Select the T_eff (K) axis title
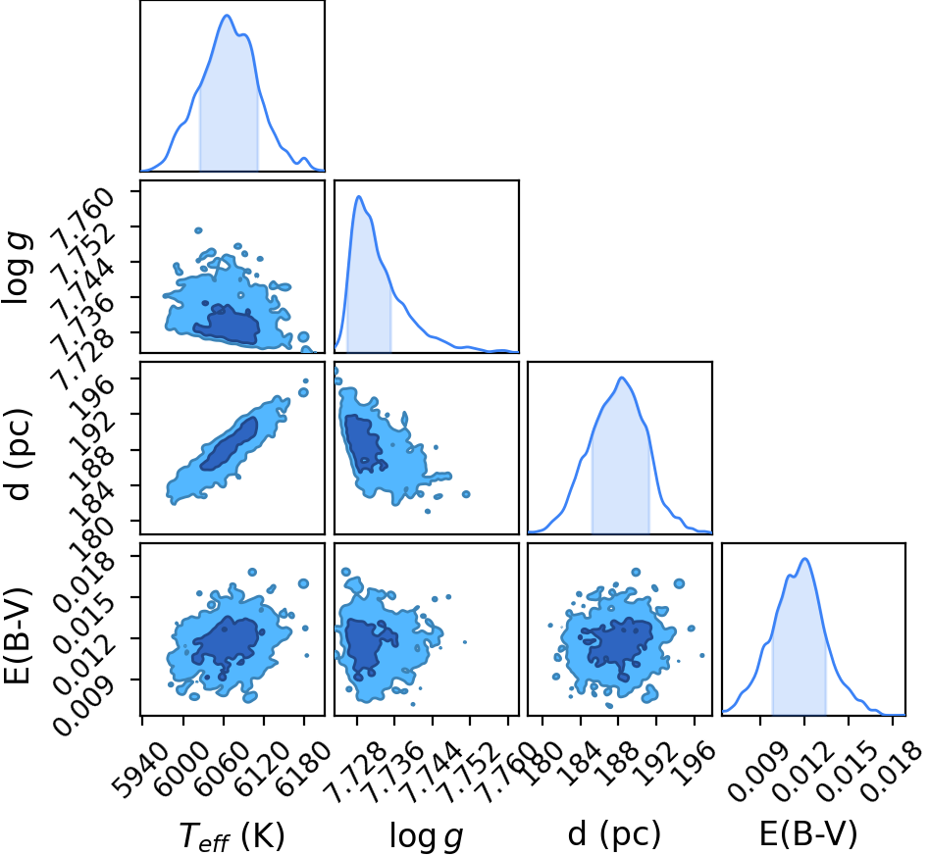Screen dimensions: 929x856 point(232,835)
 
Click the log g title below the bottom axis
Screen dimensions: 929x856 point(426,835)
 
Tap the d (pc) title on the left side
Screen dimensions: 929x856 point(18,454)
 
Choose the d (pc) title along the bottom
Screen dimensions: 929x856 point(614,834)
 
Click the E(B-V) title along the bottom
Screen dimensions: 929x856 point(808,834)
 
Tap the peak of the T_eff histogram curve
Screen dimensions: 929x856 point(227,16)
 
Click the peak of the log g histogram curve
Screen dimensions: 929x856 point(358,196)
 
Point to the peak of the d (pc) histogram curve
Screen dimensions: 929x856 point(622,378)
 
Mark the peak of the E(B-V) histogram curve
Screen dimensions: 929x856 point(805,559)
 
